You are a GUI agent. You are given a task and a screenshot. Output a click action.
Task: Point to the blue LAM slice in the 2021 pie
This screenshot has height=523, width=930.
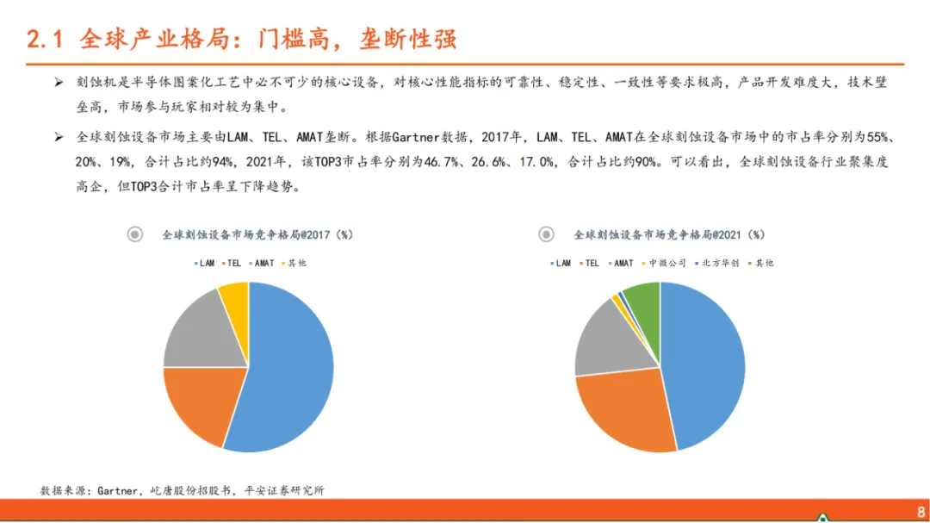703,365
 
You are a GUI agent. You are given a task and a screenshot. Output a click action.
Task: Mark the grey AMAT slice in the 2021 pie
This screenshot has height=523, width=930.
611,341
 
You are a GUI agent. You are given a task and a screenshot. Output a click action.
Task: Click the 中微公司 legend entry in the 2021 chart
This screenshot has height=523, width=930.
664,263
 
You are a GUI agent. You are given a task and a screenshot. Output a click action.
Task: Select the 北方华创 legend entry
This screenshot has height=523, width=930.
716,263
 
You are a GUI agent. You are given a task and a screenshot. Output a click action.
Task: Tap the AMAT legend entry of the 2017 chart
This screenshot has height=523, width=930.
262,263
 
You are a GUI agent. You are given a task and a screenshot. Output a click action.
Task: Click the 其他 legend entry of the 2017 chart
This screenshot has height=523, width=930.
294,263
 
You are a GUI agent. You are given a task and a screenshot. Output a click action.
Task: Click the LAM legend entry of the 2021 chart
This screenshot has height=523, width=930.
561,263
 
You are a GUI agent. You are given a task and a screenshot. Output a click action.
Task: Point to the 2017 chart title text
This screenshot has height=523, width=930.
257,235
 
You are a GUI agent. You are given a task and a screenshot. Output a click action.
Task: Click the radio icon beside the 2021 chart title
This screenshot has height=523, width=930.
546,234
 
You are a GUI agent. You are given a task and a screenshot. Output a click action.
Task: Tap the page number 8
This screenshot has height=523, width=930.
921,512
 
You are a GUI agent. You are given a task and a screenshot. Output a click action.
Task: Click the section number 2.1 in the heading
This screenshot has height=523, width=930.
45,39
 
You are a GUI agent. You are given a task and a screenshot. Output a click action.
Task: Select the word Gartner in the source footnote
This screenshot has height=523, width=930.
117,490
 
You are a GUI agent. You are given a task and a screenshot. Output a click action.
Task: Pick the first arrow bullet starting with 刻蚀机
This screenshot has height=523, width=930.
59,83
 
